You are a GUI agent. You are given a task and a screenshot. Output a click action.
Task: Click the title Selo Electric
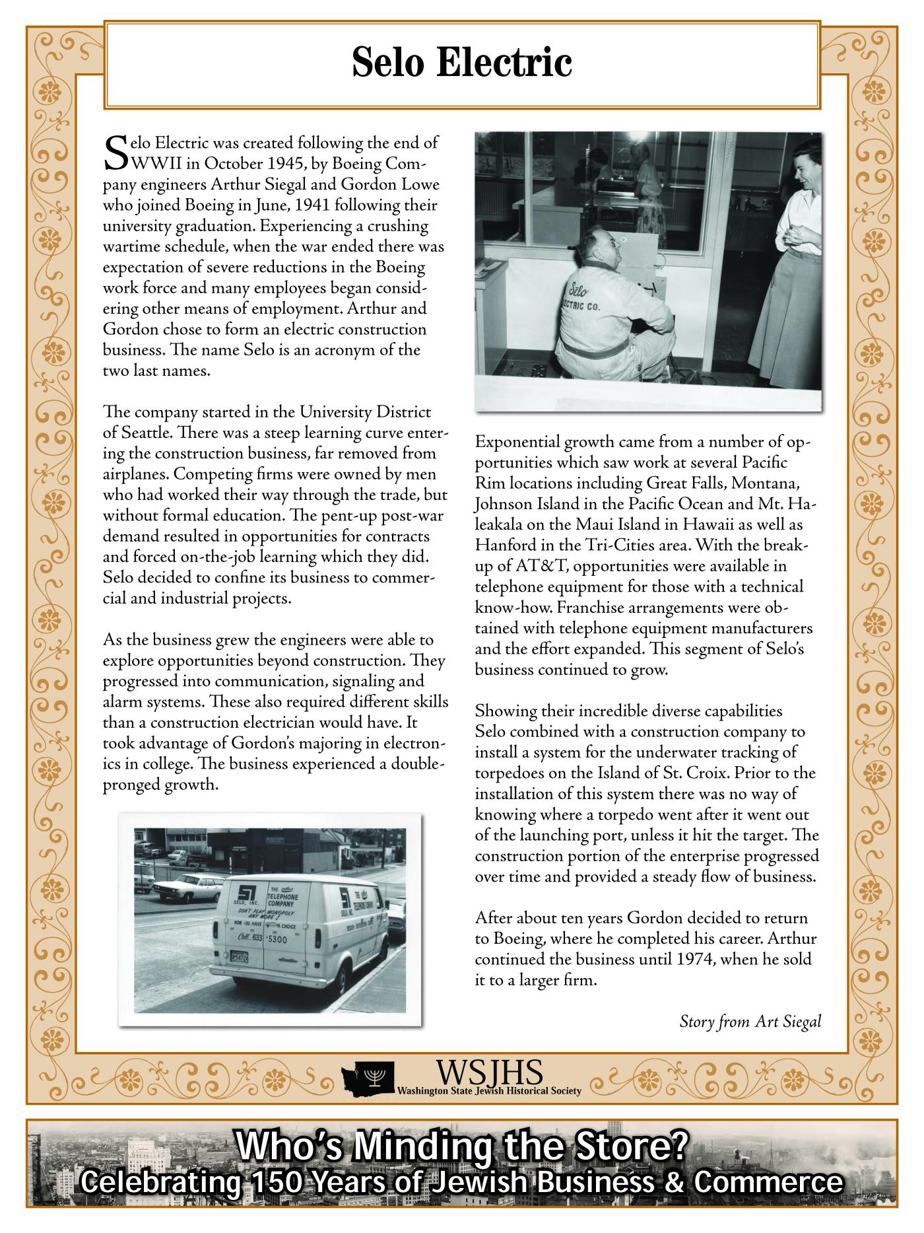click(x=461, y=63)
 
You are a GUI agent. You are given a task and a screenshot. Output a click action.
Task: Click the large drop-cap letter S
click(x=115, y=153)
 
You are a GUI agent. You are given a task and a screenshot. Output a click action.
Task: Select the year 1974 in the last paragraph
click(x=696, y=959)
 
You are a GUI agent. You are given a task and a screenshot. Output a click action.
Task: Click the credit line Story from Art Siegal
click(x=750, y=1022)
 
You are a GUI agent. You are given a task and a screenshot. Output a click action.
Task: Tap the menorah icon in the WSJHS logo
click(x=376, y=1077)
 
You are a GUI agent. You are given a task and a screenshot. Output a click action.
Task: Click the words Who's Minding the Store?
click(x=461, y=1146)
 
